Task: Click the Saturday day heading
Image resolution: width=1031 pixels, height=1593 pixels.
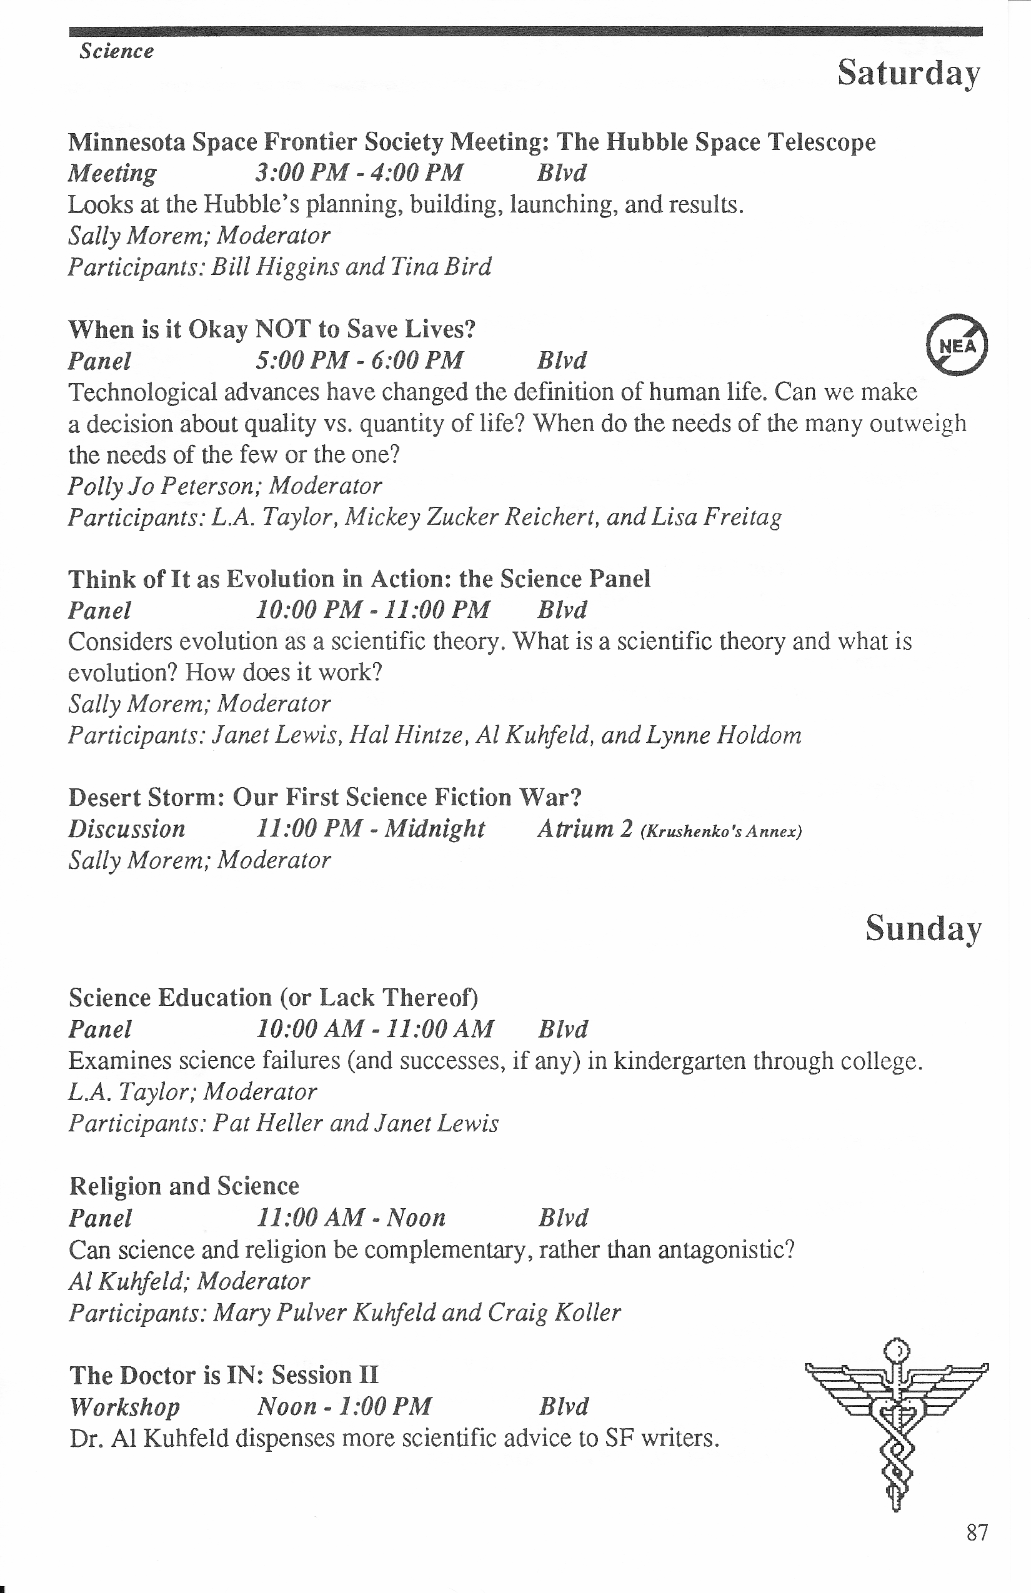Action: coord(909,73)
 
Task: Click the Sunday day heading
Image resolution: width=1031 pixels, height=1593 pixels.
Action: coord(924,928)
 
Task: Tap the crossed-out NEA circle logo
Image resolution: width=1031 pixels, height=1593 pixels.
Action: coord(957,345)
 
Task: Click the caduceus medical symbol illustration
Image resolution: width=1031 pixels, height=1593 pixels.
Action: coord(897,1423)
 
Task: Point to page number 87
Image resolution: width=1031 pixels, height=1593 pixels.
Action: coord(977,1532)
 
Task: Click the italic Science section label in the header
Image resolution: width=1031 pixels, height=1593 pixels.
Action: coord(116,51)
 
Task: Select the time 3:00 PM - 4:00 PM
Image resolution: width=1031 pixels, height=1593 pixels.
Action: coord(359,172)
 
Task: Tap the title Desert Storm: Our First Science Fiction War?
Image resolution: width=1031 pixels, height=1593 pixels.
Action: coord(325,797)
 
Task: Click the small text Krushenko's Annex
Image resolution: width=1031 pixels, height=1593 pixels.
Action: coord(720,832)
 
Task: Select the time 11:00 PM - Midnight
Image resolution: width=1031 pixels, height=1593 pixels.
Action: coord(370,828)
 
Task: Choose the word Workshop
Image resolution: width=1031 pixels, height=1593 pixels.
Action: coord(124,1406)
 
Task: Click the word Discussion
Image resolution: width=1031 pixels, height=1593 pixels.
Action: coord(126,828)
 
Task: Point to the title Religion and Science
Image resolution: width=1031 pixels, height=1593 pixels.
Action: coord(184,1186)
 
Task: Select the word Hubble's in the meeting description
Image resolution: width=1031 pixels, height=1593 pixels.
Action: coord(252,204)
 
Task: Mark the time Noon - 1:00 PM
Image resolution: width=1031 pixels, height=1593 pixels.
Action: coord(344,1406)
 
